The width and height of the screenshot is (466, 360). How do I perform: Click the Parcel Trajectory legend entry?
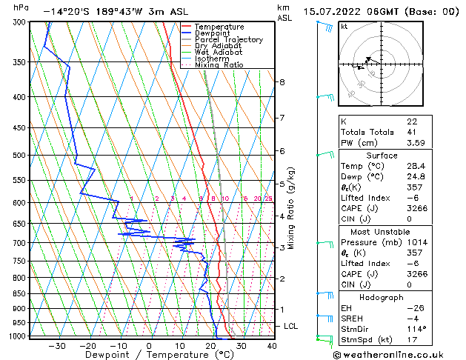coord(229,39)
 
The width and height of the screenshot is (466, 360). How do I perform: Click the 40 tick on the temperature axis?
coord(272,345)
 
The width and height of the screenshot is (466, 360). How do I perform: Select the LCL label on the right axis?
coord(291,326)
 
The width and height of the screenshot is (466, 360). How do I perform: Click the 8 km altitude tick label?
coord(282,81)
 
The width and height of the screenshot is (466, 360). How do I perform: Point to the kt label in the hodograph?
coord(344,26)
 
